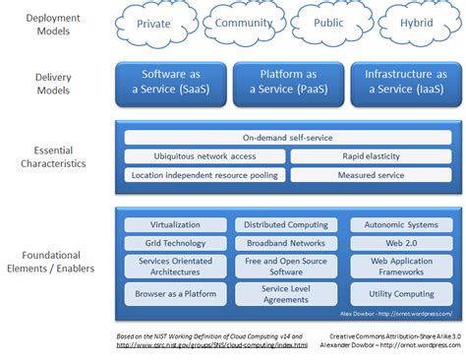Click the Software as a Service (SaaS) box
pyautogui.click(x=171, y=82)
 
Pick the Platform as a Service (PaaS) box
pyautogui.click(x=287, y=82)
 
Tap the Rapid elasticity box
pyautogui.click(x=372, y=156)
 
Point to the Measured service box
pyautogui.click(x=372, y=175)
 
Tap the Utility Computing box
pyautogui.click(x=401, y=293)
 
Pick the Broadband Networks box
pyautogui.click(x=287, y=242)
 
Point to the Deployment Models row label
pyautogui.click(x=54, y=25)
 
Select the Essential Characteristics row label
pyautogui.click(x=54, y=157)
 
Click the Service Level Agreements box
pyautogui.click(x=287, y=293)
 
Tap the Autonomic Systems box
pyautogui.click(x=401, y=224)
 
